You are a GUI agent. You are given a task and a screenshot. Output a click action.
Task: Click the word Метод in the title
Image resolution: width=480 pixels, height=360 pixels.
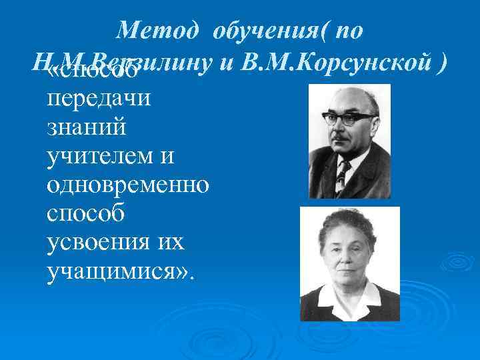[x=153, y=30]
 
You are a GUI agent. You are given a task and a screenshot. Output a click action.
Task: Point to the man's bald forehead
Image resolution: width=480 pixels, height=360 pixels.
[x=347, y=99]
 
